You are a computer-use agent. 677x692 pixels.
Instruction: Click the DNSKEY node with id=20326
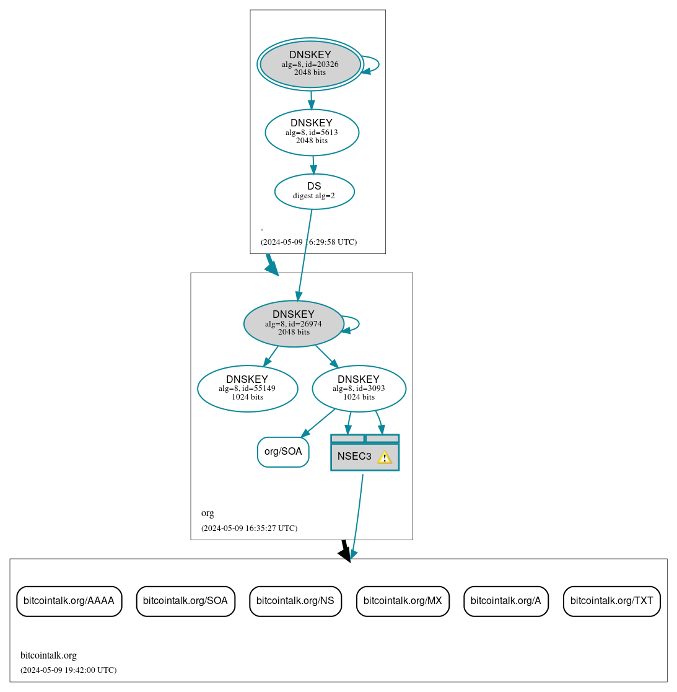(x=310, y=64)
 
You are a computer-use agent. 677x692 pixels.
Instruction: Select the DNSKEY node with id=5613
(x=312, y=132)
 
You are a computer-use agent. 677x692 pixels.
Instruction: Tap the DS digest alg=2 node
(x=314, y=191)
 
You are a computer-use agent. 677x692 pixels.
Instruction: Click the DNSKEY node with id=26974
(x=294, y=323)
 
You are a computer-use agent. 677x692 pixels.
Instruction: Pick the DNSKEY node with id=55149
(x=247, y=388)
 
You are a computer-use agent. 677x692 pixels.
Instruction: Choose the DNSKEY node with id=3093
(x=359, y=388)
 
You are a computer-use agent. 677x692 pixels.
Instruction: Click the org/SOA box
(x=283, y=452)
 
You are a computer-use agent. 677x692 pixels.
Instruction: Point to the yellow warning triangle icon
(x=385, y=457)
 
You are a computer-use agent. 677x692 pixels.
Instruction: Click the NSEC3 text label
(x=354, y=457)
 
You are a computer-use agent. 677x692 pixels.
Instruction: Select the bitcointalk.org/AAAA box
(x=69, y=601)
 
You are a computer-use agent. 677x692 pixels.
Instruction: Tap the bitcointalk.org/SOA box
(x=185, y=601)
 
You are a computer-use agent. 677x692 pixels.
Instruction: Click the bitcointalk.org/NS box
(x=295, y=601)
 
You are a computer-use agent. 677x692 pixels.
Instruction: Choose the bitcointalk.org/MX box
(x=403, y=601)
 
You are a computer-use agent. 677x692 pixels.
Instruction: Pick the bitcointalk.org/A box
(x=505, y=601)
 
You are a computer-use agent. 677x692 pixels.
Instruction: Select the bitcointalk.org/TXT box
(x=611, y=601)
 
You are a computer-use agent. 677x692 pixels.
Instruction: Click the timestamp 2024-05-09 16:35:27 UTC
(x=249, y=528)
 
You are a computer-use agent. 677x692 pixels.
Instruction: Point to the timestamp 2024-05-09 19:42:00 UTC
(x=68, y=670)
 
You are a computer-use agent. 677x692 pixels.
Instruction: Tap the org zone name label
(x=207, y=513)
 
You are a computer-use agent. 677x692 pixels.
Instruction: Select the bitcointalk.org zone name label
(x=48, y=655)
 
